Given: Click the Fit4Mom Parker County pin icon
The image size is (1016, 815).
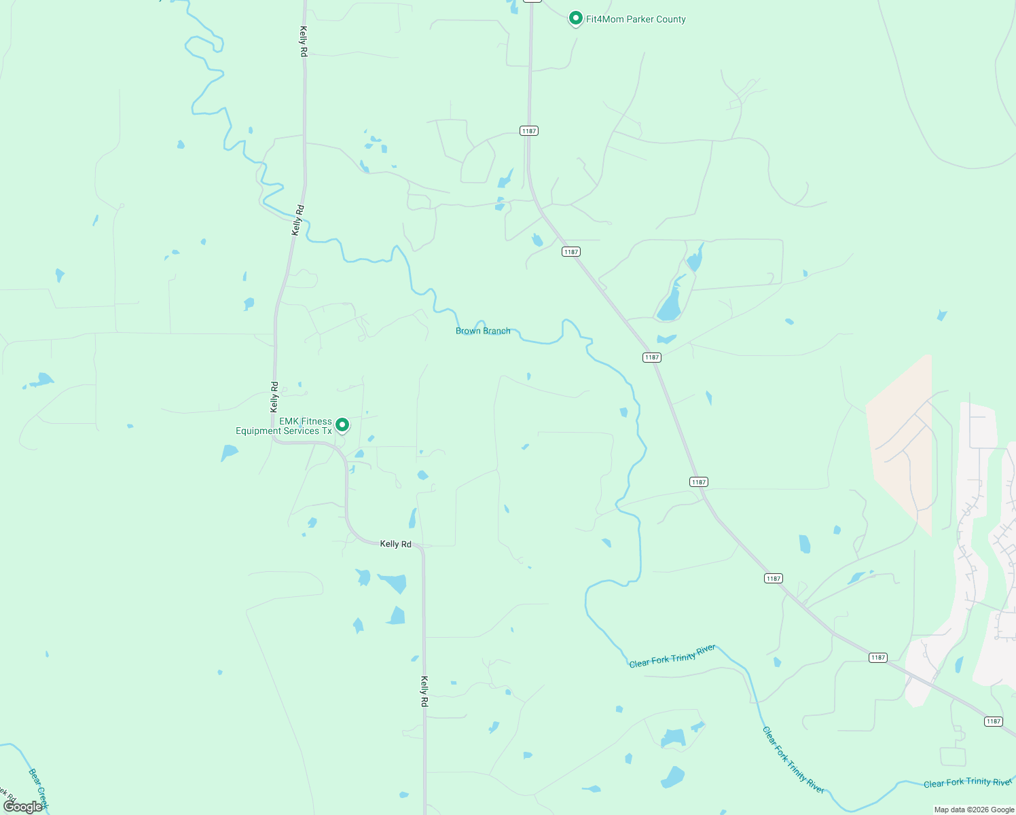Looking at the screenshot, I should click(x=575, y=18).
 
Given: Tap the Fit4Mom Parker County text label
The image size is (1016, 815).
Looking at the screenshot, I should click(x=636, y=19).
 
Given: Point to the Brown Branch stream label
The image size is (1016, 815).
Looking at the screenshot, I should click(x=483, y=331).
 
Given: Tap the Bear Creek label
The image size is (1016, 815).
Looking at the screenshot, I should click(x=39, y=788).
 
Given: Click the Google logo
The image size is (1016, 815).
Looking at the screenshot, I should click(x=22, y=807).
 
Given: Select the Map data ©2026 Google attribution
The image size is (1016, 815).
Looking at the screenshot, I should click(x=973, y=810).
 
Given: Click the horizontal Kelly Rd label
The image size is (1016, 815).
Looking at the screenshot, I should click(x=395, y=544).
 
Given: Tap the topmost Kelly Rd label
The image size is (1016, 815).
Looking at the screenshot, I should click(x=304, y=41).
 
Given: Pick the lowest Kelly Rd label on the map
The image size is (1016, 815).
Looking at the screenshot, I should click(x=424, y=691).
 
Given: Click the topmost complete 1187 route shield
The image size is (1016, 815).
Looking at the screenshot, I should click(x=529, y=130).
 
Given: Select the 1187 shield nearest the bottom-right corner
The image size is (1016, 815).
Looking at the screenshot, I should click(x=993, y=721).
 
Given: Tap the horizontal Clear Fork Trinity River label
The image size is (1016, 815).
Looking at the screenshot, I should click(x=967, y=783).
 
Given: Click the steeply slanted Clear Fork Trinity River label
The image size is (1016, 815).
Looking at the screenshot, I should click(x=793, y=760).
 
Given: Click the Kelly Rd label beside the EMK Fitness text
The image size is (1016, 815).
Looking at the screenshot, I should click(x=274, y=397).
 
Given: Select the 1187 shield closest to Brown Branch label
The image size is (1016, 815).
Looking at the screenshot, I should click(x=570, y=252).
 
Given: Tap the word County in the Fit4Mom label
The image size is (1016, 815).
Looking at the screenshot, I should click(x=670, y=19).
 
